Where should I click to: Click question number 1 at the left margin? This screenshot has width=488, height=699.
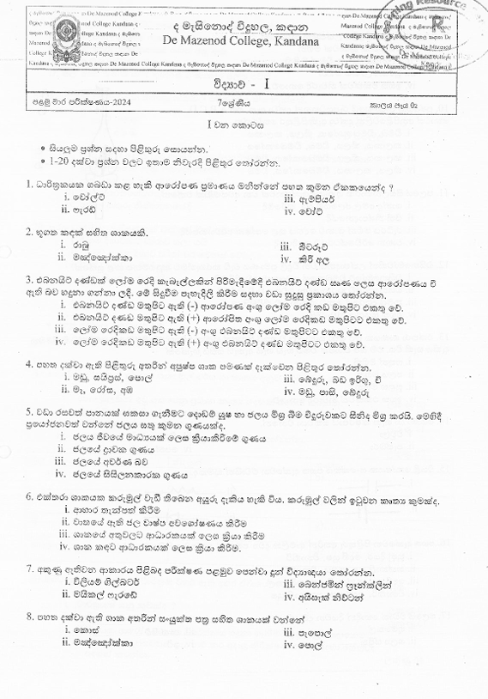tap(28, 185)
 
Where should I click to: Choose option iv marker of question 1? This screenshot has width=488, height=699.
tap(287, 209)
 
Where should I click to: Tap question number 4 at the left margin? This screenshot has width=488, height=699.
tap(28, 365)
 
